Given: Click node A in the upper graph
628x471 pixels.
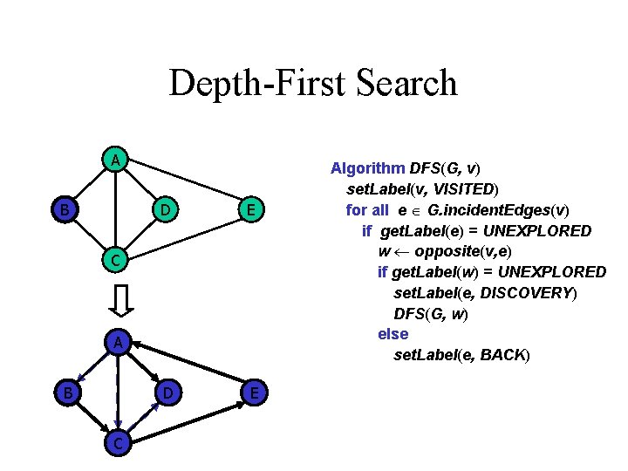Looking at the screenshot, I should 114,160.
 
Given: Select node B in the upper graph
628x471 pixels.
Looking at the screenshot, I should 63,209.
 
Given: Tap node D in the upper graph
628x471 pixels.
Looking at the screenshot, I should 167,209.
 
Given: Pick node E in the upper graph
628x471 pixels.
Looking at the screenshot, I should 251,209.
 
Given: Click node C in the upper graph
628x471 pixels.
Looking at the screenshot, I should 114,259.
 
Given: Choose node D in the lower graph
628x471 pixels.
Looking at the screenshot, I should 167,393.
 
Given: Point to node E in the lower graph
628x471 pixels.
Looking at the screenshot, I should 252,393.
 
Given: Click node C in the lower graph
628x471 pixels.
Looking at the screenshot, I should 115,443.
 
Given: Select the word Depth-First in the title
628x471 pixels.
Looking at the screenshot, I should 254,83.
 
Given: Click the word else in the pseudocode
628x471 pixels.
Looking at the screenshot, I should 392,334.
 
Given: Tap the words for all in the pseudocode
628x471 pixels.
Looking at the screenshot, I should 368,209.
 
